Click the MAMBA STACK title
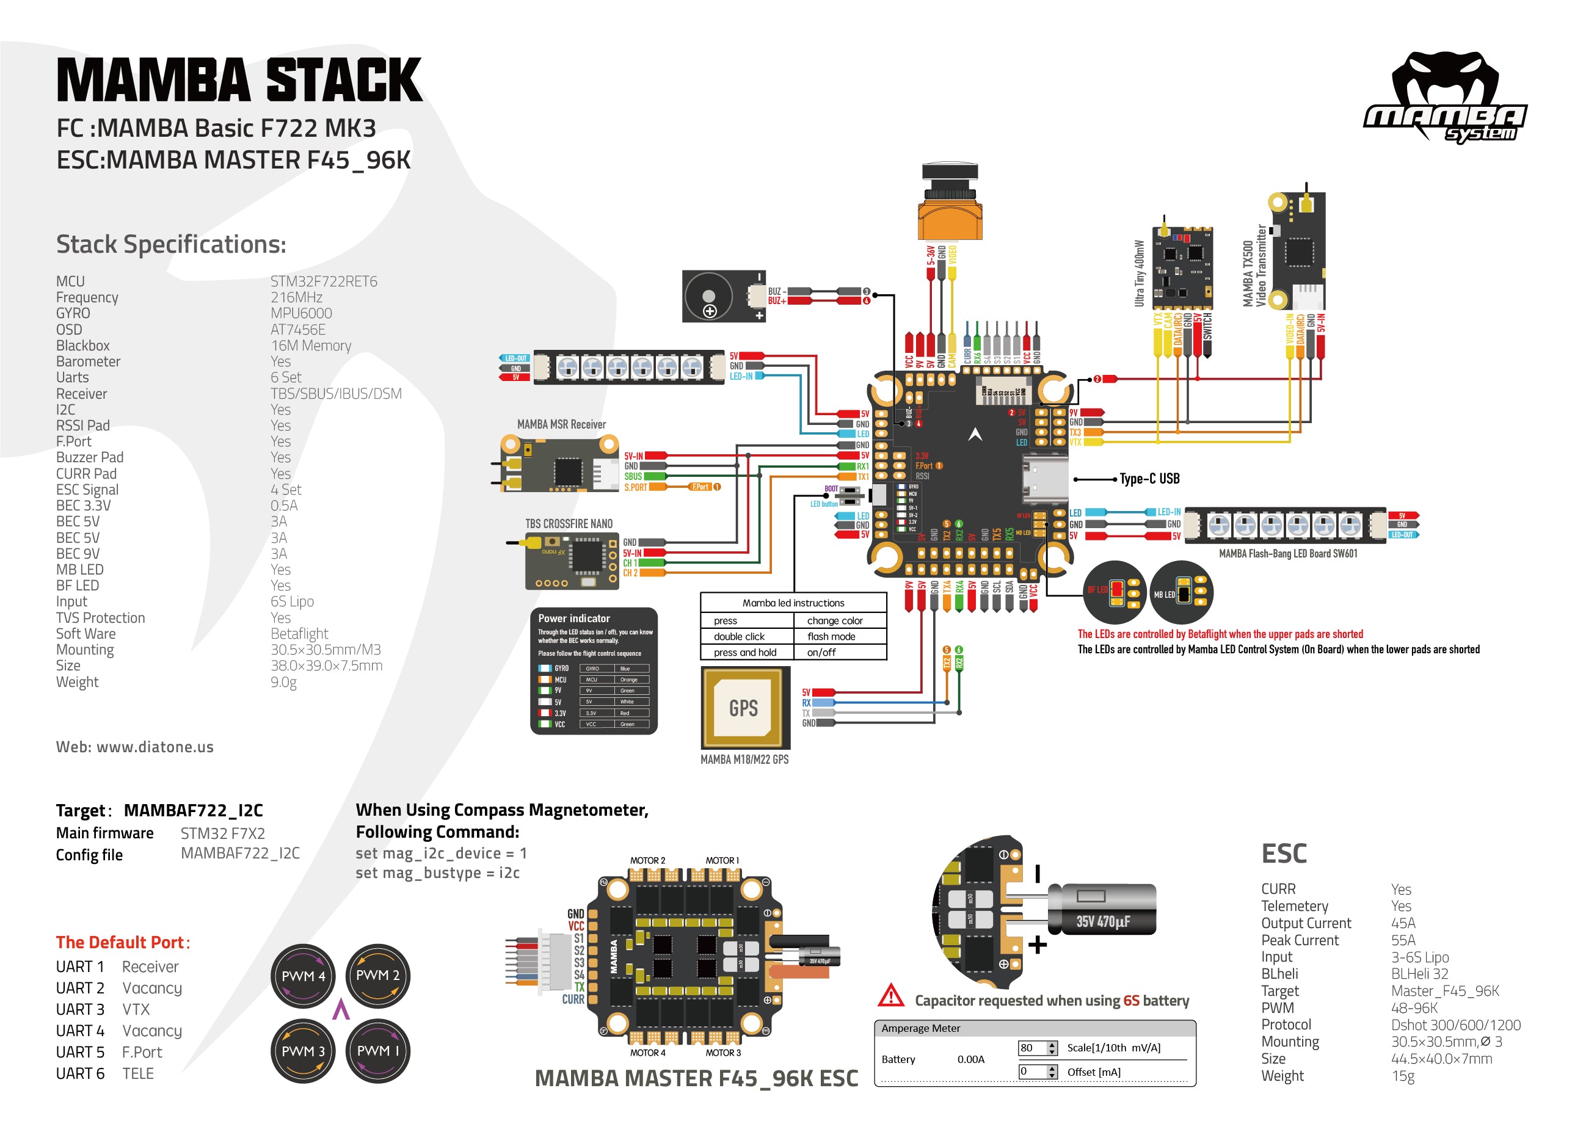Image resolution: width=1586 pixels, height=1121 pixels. point(239,80)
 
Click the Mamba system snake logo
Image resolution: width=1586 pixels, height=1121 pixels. point(1445,96)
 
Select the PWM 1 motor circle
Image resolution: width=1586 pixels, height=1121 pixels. point(377,1051)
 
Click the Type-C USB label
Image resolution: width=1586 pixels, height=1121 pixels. point(1149,479)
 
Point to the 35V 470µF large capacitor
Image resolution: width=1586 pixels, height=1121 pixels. point(1102,910)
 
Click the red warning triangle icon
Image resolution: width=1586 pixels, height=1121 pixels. point(891,996)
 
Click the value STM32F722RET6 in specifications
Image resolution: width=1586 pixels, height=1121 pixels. point(323,281)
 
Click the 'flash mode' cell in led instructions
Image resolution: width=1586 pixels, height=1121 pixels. point(831,636)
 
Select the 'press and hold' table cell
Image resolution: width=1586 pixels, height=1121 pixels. point(744,652)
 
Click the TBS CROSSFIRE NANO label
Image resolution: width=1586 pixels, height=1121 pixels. point(569,523)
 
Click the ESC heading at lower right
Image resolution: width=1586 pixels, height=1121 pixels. point(1284,854)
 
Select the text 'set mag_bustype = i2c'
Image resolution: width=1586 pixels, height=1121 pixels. point(437,872)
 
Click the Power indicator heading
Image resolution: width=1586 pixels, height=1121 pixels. point(573,618)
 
